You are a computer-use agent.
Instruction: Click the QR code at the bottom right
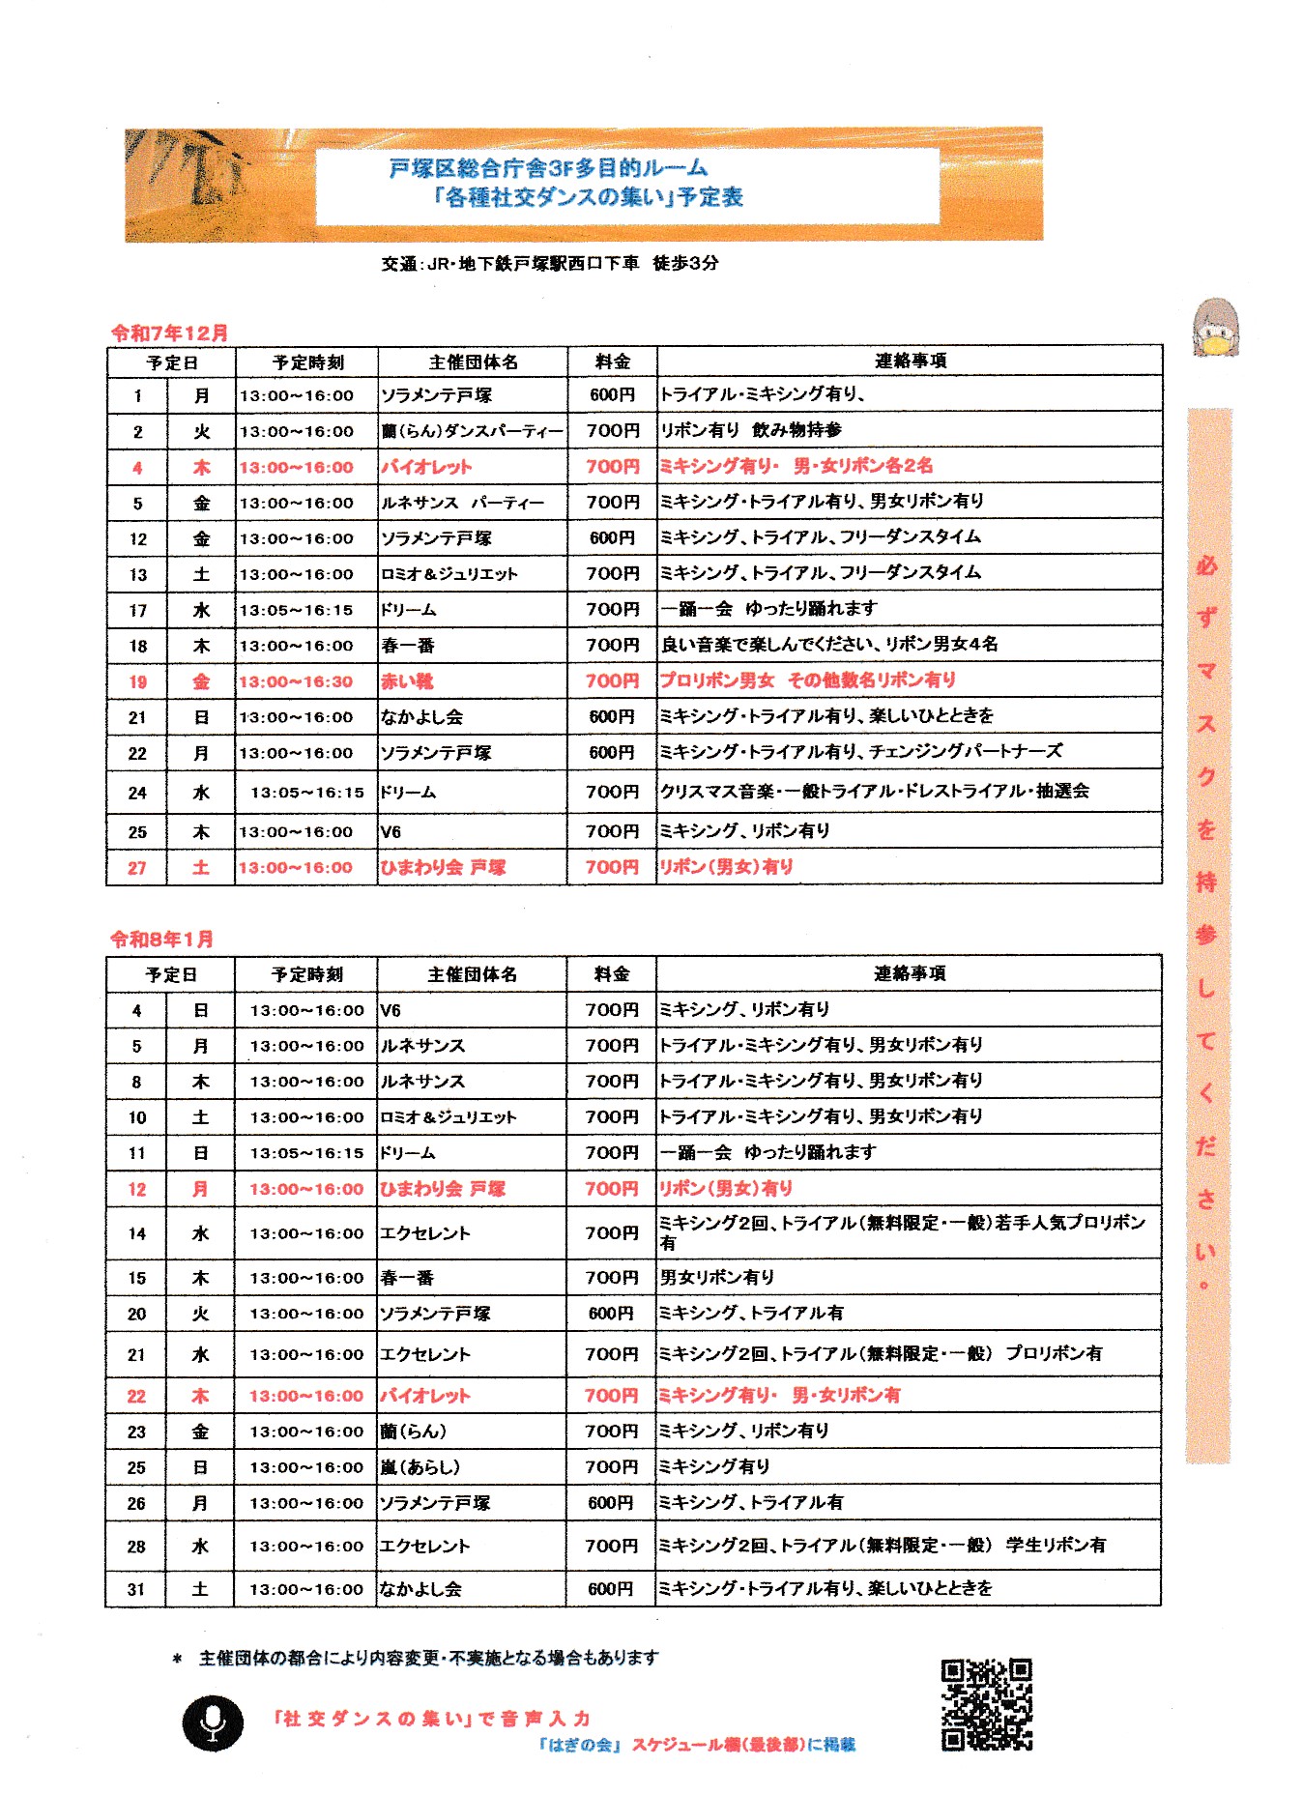986,1704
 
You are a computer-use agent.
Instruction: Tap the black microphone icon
213,1722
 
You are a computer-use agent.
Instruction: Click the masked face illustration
1215,329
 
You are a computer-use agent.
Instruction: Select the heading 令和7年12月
169,333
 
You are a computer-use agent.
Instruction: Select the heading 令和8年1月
161,939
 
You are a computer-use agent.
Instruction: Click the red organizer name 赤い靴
407,681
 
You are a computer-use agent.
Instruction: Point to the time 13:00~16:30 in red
296,681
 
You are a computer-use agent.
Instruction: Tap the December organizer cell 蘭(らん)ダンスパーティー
472,431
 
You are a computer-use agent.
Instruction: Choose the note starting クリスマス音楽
874,791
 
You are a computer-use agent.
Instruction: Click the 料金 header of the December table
612,362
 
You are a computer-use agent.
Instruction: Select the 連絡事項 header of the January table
909,973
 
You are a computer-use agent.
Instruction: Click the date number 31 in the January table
136,1589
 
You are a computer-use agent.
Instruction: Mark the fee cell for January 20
610,1314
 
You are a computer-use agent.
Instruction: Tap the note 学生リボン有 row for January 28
882,1545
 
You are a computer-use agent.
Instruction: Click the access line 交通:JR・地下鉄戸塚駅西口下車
549,263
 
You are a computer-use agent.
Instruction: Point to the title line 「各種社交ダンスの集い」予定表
588,197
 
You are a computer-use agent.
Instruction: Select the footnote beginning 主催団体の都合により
428,1658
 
